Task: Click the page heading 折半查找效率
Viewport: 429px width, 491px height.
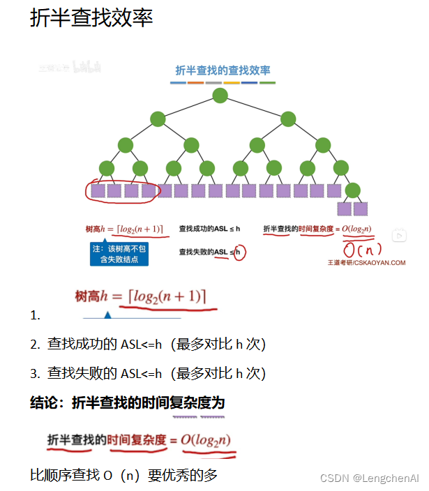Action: [91, 19]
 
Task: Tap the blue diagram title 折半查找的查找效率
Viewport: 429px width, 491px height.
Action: [223, 70]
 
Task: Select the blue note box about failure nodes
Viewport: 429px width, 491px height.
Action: [119, 254]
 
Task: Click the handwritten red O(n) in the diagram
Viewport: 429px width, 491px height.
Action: [363, 250]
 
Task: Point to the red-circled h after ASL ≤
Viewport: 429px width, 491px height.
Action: [239, 252]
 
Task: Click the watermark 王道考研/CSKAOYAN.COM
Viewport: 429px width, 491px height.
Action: [366, 263]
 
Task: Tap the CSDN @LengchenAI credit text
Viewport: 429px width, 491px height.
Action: [369, 478]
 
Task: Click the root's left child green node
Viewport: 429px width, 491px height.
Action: [157, 119]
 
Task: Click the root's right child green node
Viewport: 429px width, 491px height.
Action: [288, 119]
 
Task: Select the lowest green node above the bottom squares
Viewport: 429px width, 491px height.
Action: [352, 190]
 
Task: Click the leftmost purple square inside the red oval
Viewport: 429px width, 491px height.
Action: [98, 190]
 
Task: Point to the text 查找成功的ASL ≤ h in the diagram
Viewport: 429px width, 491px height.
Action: [209, 229]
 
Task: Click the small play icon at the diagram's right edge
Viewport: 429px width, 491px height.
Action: [399, 236]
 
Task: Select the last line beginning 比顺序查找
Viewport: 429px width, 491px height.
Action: [124, 476]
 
